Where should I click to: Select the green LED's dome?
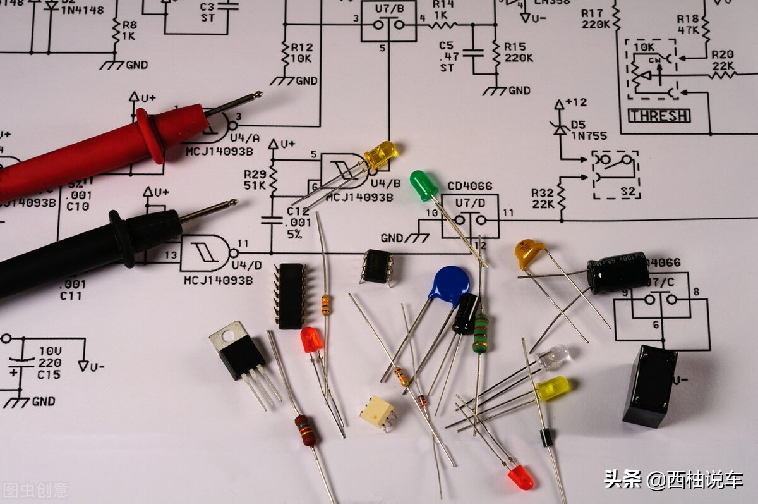click(421, 183)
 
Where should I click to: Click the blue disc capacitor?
click(450, 285)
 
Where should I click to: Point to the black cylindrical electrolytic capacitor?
click(617, 273)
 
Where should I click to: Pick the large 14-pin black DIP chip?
click(291, 296)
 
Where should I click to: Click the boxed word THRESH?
click(659, 116)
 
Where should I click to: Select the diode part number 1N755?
click(589, 135)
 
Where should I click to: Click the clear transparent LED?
click(553, 357)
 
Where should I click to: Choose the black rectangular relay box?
click(649, 386)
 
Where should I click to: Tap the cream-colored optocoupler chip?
click(378, 412)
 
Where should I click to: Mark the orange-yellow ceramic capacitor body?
click(529, 252)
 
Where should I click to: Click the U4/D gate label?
click(246, 265)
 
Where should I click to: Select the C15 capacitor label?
click(49, 375)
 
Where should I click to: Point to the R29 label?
click(255, 174)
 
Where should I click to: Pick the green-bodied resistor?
click(481, 333)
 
